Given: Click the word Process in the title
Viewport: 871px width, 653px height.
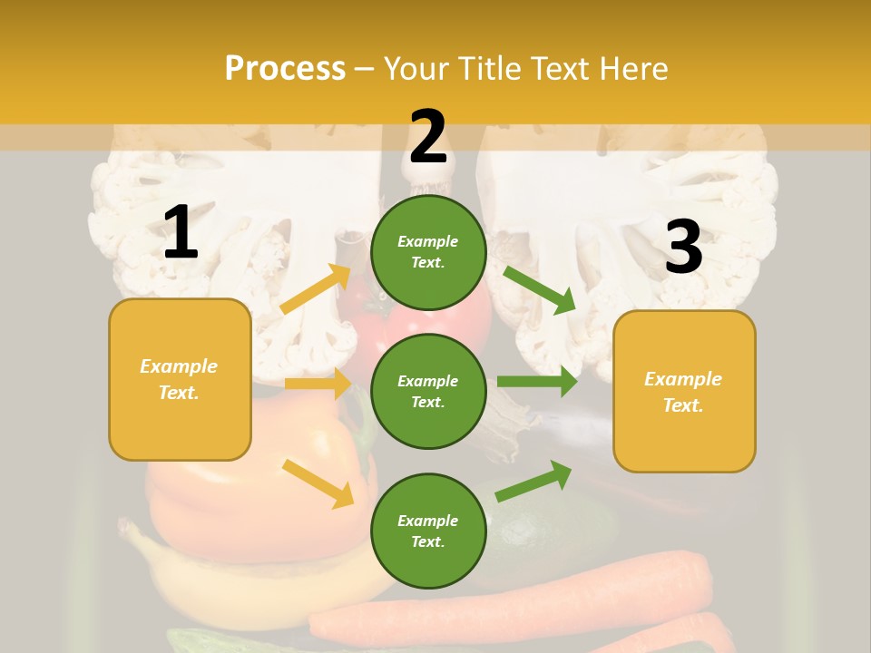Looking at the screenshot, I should [285, 68].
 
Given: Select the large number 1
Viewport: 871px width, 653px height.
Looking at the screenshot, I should [181, 233].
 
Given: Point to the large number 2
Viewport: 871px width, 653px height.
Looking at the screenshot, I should [428, 137].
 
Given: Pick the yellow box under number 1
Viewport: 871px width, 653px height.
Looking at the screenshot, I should [180, 379].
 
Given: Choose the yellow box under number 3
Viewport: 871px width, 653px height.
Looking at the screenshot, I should [684, 391].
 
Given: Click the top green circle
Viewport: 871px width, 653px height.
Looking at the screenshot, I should [428, 252].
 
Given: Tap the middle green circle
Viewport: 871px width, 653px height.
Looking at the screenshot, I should [428, 391].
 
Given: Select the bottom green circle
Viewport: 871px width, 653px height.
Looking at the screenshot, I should [428, 531].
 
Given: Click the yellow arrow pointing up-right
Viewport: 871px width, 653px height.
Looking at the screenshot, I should [316, 288].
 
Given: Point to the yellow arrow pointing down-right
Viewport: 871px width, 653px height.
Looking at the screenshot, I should [318, 483].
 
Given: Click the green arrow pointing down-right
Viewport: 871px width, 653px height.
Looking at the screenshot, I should [539, 289].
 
